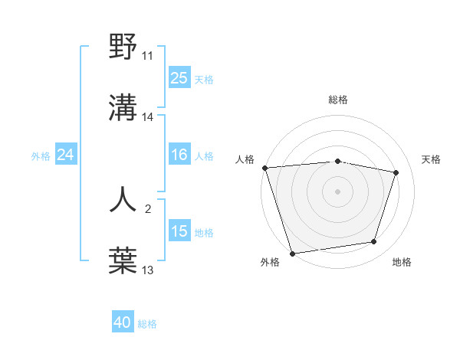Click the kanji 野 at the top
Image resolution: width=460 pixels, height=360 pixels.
point(123,47)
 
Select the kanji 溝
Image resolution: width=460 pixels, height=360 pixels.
point(123,109)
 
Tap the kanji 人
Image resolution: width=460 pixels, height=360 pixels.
point(123,199)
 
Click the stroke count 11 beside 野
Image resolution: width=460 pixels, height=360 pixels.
point(148,56)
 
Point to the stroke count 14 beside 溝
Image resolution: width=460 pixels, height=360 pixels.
point(148,117)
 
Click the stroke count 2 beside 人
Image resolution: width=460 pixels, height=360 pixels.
point(148,208)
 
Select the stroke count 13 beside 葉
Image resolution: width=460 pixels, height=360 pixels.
point(148,270)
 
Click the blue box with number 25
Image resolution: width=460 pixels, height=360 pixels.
point(179,78)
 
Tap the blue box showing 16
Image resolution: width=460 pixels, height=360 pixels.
point(179,155)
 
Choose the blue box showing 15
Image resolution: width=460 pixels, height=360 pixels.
point(179,231)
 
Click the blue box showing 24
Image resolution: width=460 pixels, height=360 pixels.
point(66,155)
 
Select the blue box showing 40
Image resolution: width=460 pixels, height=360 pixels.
point(123,323)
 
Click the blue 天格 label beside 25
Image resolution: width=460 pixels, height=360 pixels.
point(204,79)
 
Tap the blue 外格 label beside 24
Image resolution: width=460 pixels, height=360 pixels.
point(41,156)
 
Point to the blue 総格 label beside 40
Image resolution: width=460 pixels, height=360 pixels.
point(147,324)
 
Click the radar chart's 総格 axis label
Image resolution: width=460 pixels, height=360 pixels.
point(338,100)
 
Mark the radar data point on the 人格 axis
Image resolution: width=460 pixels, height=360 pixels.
point(264,168)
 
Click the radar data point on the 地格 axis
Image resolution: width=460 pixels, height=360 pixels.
point(374,242)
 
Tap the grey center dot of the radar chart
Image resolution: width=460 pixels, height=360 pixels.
point(338,191)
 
